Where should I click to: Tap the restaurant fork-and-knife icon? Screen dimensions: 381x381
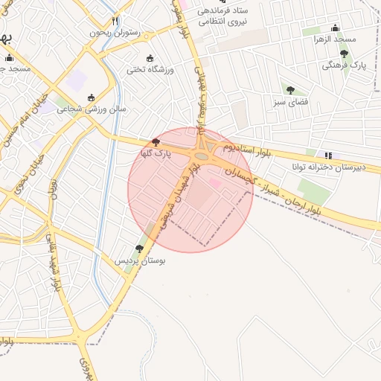click(114, 22)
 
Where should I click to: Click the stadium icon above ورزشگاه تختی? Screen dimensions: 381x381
click(150, 59)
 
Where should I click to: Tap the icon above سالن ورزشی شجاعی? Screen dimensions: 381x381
click(92, 97)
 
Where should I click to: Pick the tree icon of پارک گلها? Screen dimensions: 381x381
click(155, 141)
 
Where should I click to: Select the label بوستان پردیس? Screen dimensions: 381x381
click(141, 261)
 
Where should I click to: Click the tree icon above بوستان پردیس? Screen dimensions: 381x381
click(139, 249)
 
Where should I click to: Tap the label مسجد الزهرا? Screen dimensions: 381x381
click(335, 39)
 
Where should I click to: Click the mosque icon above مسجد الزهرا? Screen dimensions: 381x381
click(335, 28)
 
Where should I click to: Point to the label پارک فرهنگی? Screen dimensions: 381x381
click(341, 65)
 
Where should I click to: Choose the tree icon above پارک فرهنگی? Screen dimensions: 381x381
click(344, 54)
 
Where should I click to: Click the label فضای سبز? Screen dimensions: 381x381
click(291, 101)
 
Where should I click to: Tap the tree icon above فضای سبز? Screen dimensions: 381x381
click(290, 90)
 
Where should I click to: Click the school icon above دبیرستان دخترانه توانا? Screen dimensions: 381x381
click(329, 156)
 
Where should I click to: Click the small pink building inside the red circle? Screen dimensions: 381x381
click(215, 183)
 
